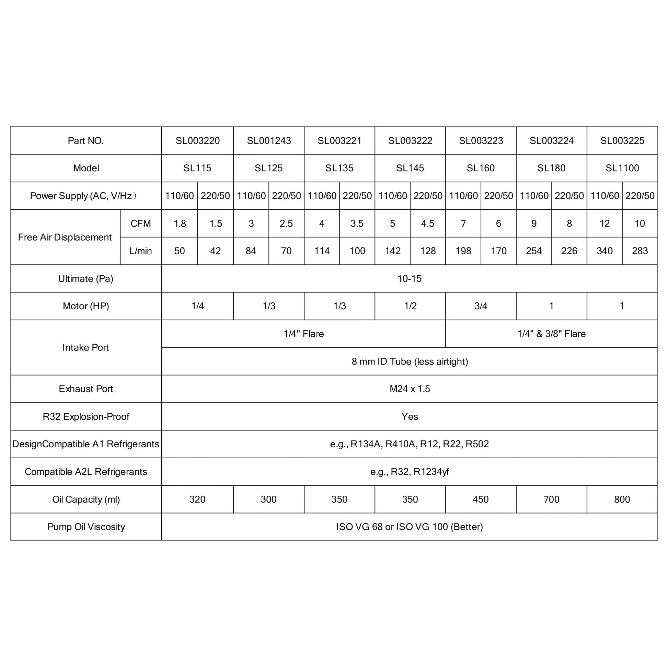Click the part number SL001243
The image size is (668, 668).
[269, 141]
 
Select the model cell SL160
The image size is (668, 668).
[481, 168]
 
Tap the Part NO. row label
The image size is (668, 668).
[86, 141]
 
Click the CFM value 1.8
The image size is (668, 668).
[180, 223]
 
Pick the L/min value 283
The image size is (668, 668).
[640, 251]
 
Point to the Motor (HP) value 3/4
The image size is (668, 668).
[481, 306]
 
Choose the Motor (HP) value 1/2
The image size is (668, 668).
[410, 306]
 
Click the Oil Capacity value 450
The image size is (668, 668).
[481, 499]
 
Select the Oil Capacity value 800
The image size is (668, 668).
[622, 499]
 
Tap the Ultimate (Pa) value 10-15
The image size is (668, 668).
[410, 279]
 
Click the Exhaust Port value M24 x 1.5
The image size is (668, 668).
[410, 389]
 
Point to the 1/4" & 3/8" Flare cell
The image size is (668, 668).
[552, 334]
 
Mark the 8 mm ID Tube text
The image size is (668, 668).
[410, 361]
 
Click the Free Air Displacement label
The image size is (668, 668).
[65, 237]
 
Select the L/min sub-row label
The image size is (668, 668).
[141, 251]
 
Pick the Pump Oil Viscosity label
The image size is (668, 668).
[86, 527]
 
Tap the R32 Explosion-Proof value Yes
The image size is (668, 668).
[410, 416]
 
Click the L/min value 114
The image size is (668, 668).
[322, 251]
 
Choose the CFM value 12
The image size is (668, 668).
[604, 223]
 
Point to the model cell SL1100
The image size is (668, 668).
[622, 168]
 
